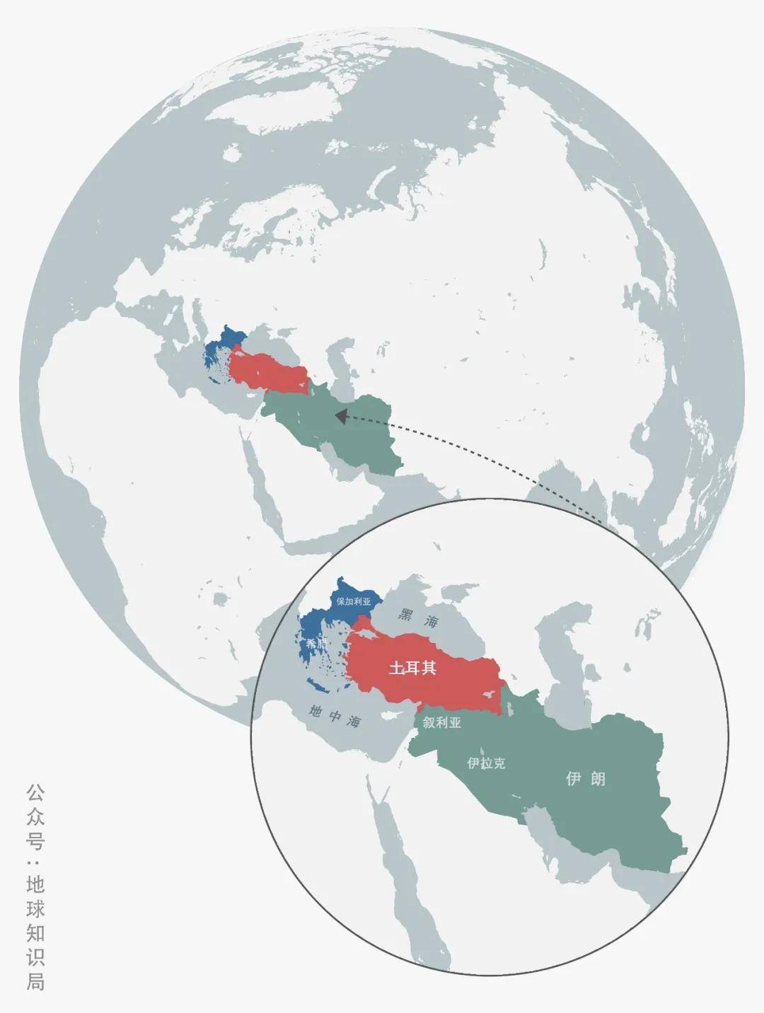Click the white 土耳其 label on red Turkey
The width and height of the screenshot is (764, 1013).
click(412, 668)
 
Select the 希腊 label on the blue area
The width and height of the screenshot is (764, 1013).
click(316, 644)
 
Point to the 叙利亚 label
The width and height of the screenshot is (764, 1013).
click(442, 722)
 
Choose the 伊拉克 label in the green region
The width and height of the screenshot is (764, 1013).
click(486, 763)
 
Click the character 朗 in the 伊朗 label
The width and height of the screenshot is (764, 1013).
click(597, 779)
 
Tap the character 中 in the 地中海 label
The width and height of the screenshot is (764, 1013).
click(335, 717)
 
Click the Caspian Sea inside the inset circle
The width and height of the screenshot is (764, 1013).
click(559, 665)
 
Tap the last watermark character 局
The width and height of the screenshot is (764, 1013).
click(35, 982)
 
